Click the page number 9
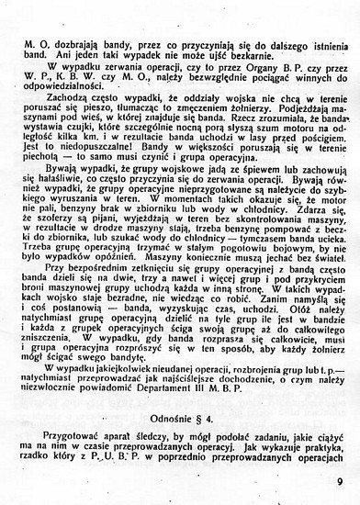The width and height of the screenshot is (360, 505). point(341,477)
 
